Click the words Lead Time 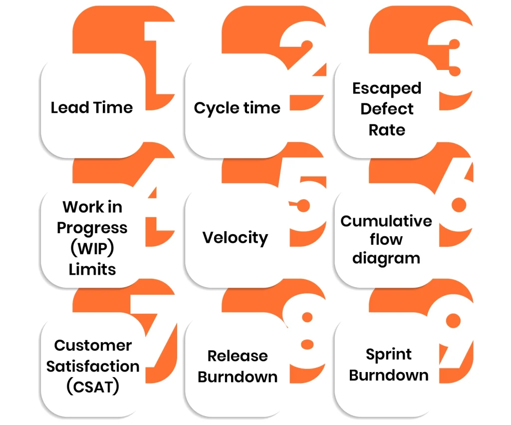(92, 107)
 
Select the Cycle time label (237, 108)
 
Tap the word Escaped (387, 88)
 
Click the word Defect (387, 109)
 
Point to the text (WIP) (92, 249)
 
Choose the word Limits (92, 270)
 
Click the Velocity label (235, 238)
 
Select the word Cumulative (386, 221)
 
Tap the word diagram (386, 258)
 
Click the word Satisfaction (93, 367)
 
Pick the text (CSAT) (93, 387)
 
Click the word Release (238, 356)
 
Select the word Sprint (389, 355)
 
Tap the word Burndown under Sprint (389, 375)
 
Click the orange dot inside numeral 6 (458, 204)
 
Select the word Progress (92, 228)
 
